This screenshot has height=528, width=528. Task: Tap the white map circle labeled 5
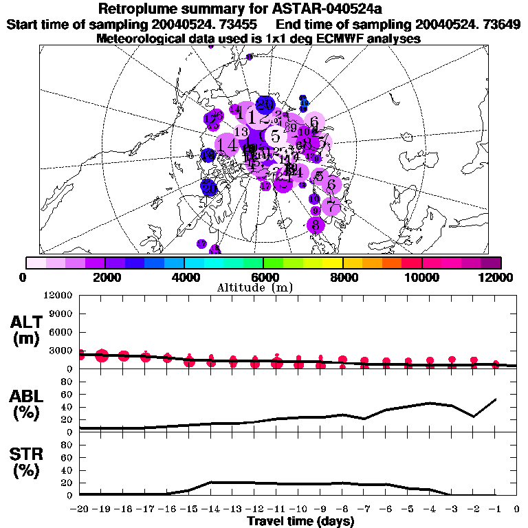point(275,135)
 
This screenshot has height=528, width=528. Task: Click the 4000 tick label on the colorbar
point(184,277)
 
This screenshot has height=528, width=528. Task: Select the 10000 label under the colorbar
point(421,277)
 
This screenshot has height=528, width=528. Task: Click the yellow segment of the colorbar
point(332,263)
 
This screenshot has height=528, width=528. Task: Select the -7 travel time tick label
point(364,509)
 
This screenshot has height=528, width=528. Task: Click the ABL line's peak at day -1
point(496,399)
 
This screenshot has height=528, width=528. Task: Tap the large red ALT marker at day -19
point(102,355)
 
